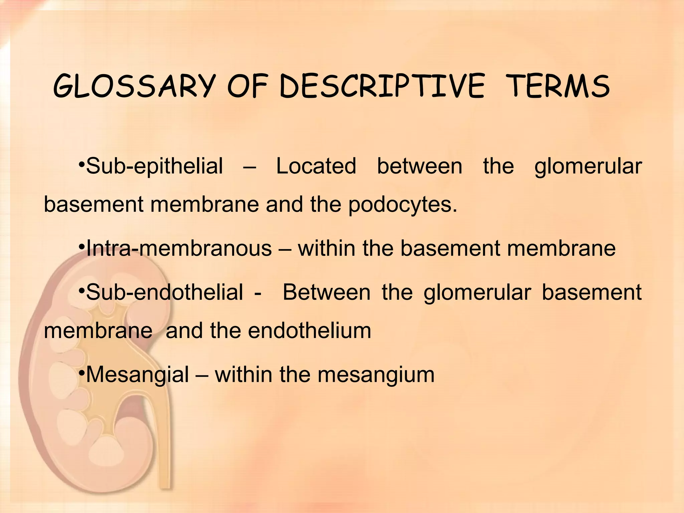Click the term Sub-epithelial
[x=154, y=166]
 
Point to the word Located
[x=316, y=166]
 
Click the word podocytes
[x=402, y=204]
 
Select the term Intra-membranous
[x=179, y=248]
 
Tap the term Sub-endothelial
[x=164, y=292]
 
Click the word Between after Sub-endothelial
[x=327, y=292]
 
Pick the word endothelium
[x=310, y=331]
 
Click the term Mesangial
[x=138, y=374]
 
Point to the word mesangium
[x=376, y=374]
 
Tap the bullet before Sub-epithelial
[x=82, y=164]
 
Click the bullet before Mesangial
[x=82, y=372]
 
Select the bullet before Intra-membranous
[x=82, y=246]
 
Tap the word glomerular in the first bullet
[x=588, y=166]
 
